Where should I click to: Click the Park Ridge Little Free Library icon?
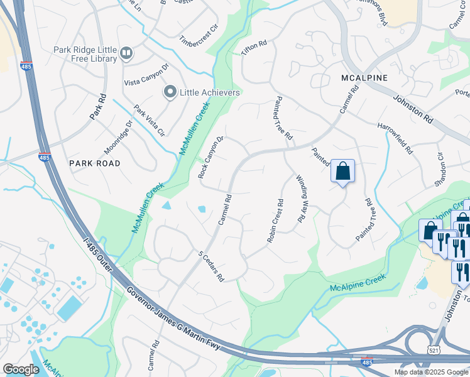(127, 53)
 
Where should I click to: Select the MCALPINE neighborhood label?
(364, 77)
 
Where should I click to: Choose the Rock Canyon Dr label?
(211, 157)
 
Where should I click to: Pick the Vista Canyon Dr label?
(146, 82)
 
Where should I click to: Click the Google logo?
(21, 369)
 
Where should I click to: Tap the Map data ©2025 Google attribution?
(430, 372)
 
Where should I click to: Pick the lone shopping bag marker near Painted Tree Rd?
(343, 171)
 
